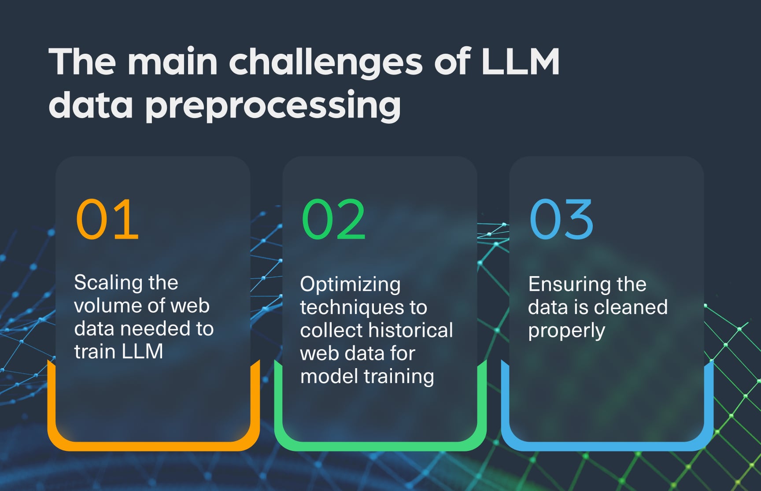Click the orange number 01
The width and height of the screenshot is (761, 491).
click(x=107, y=219)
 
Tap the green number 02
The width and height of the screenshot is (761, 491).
click(x=334, y=219)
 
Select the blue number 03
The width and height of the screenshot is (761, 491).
click(x=562, y=219)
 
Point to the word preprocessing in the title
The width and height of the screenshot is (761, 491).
click(x=273, y=106)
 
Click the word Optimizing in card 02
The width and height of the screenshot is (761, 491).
click(x=350, y=285)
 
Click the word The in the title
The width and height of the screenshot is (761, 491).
click(x=82, y=62)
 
